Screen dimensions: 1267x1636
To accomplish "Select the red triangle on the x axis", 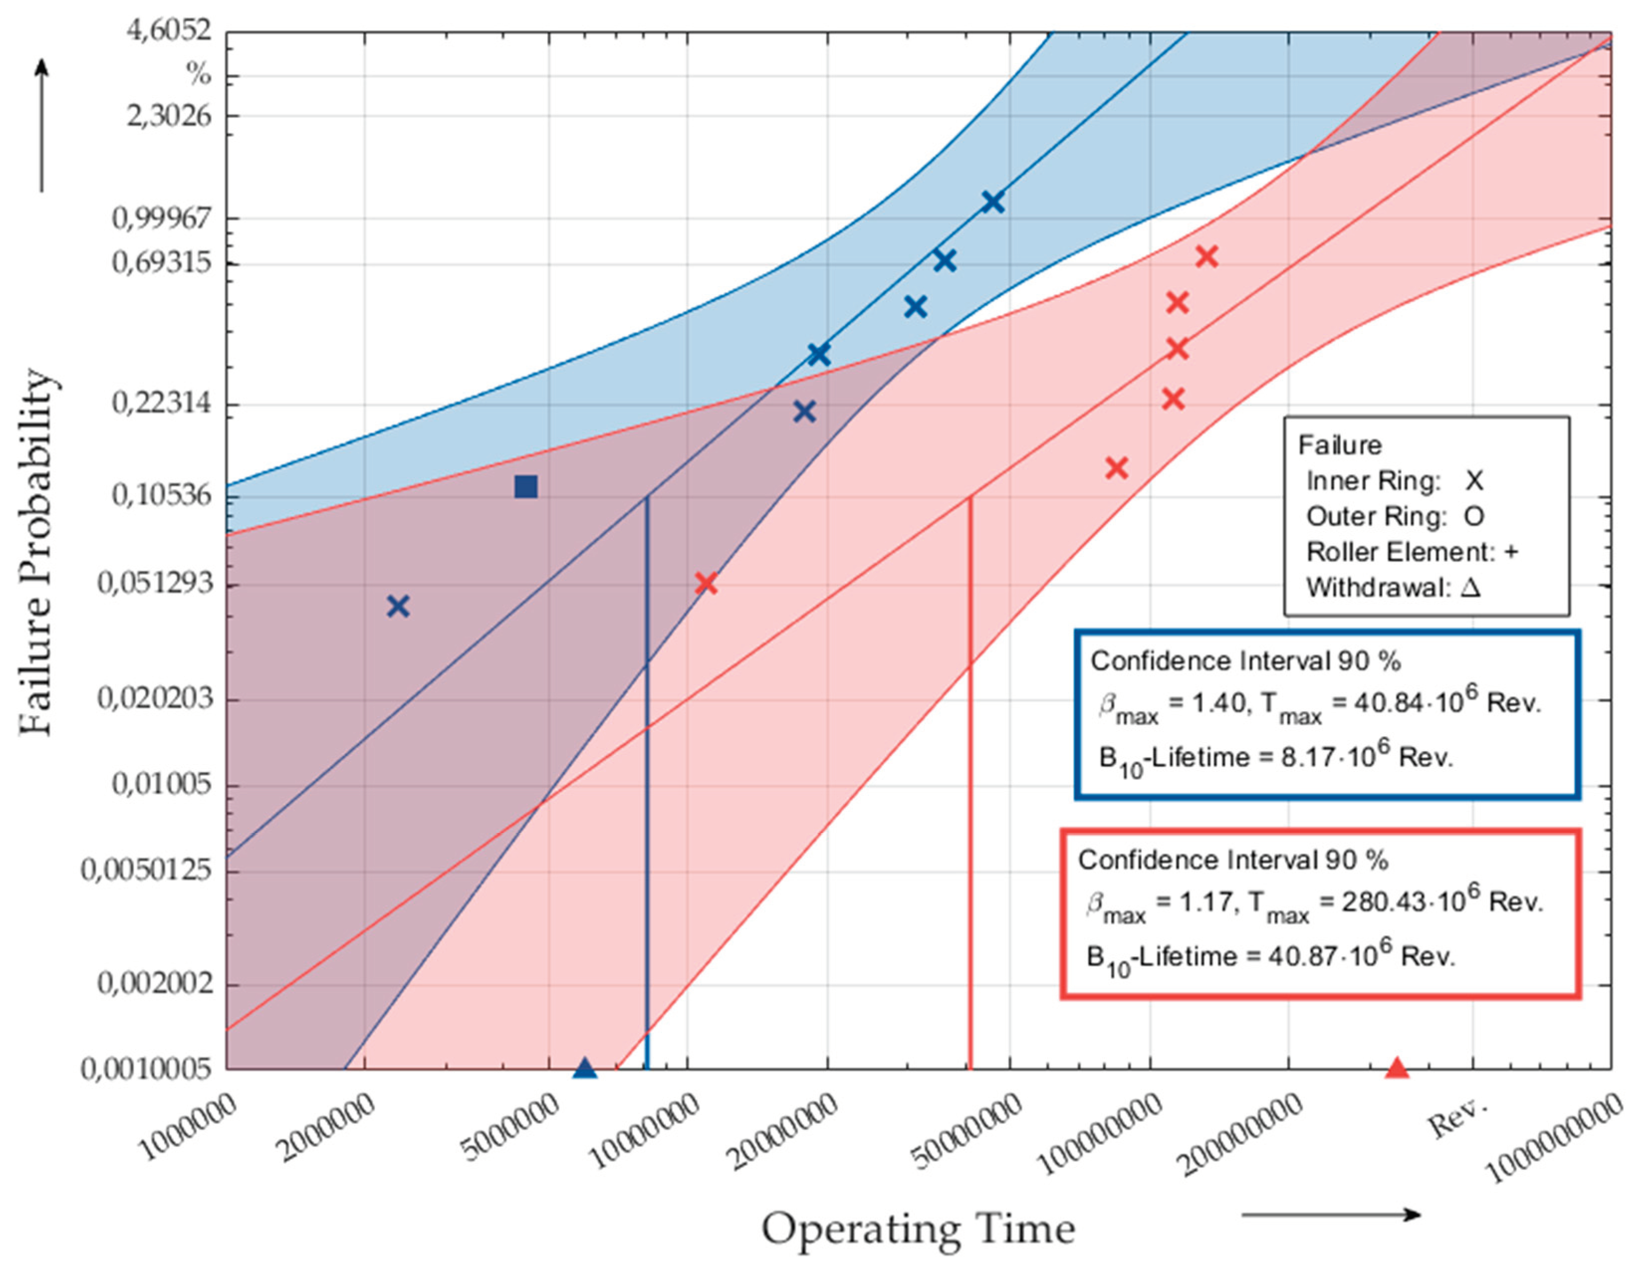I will (x=1397, y=1068).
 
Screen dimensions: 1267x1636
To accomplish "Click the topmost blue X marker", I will (x=993, y=202).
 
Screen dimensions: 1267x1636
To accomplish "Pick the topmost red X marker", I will (x=1206, y=256).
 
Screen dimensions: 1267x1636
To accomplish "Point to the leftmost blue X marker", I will (x=398, y=606).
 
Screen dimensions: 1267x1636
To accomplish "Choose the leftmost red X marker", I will (x=705, y=582).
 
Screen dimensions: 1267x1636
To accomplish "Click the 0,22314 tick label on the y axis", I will (x=162, y=404).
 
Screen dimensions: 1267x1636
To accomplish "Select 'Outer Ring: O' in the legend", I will (x=1394, y=516).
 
